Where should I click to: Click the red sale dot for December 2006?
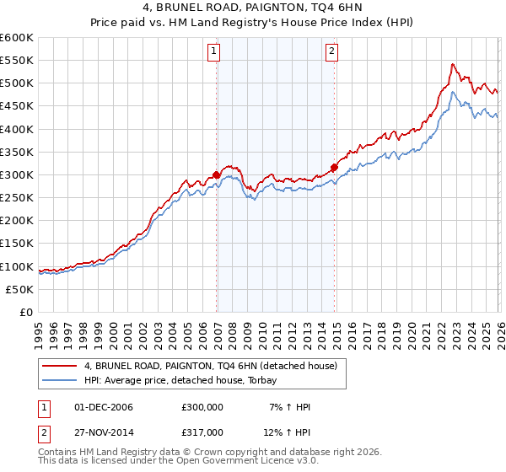pyautogui.click(x=216, y=175)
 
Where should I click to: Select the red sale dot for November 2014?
pyautogui.click(x=334, y=168)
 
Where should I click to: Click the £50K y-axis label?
pyautogui.click(x=19, y=289)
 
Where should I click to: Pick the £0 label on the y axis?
pyautogui.click(x=27, y=312)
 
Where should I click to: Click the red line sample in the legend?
pyautogui.click(x=59, y=366)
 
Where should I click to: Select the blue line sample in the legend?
pyautogui.click(x=59, y=380)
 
